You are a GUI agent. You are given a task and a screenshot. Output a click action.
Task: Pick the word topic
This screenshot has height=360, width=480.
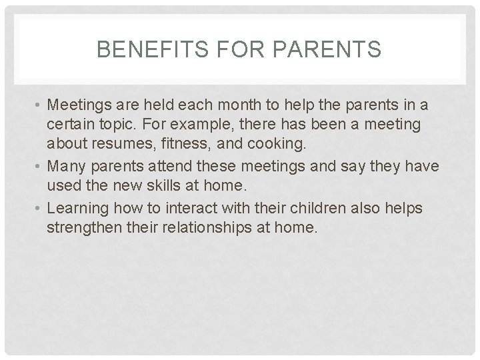point(122,124)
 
